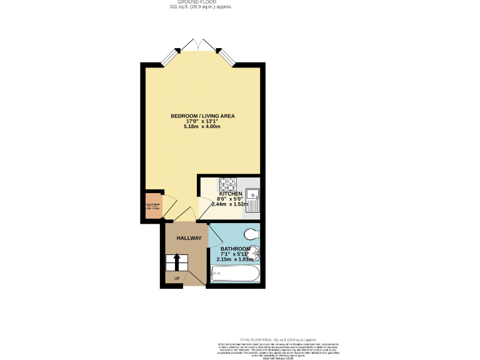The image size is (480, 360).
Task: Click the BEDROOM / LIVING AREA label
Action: pyautogui.click(x=202, y=116)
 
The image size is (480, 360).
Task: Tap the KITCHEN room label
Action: pyautogui.click(x=231, y=194)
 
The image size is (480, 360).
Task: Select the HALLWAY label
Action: pyautogui.click(x=189, y=238)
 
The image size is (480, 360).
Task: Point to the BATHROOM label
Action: pyautogui.click(x=236, y=249)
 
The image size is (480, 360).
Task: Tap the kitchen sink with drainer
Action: pyautogui.click(x=252, y=199)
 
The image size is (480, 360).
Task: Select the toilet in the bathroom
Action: pyautogui.click(x=252, y=233)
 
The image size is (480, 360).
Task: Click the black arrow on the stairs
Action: pyautogui.click(x=176, y=260)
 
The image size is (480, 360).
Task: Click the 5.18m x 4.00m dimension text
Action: pyautogui.click(x=202, y=127)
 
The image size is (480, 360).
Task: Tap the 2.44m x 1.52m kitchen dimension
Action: pyautogui.click(x=231, y=204)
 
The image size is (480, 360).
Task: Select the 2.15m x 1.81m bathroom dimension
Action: pyautogui.click(x=236, y=259)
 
